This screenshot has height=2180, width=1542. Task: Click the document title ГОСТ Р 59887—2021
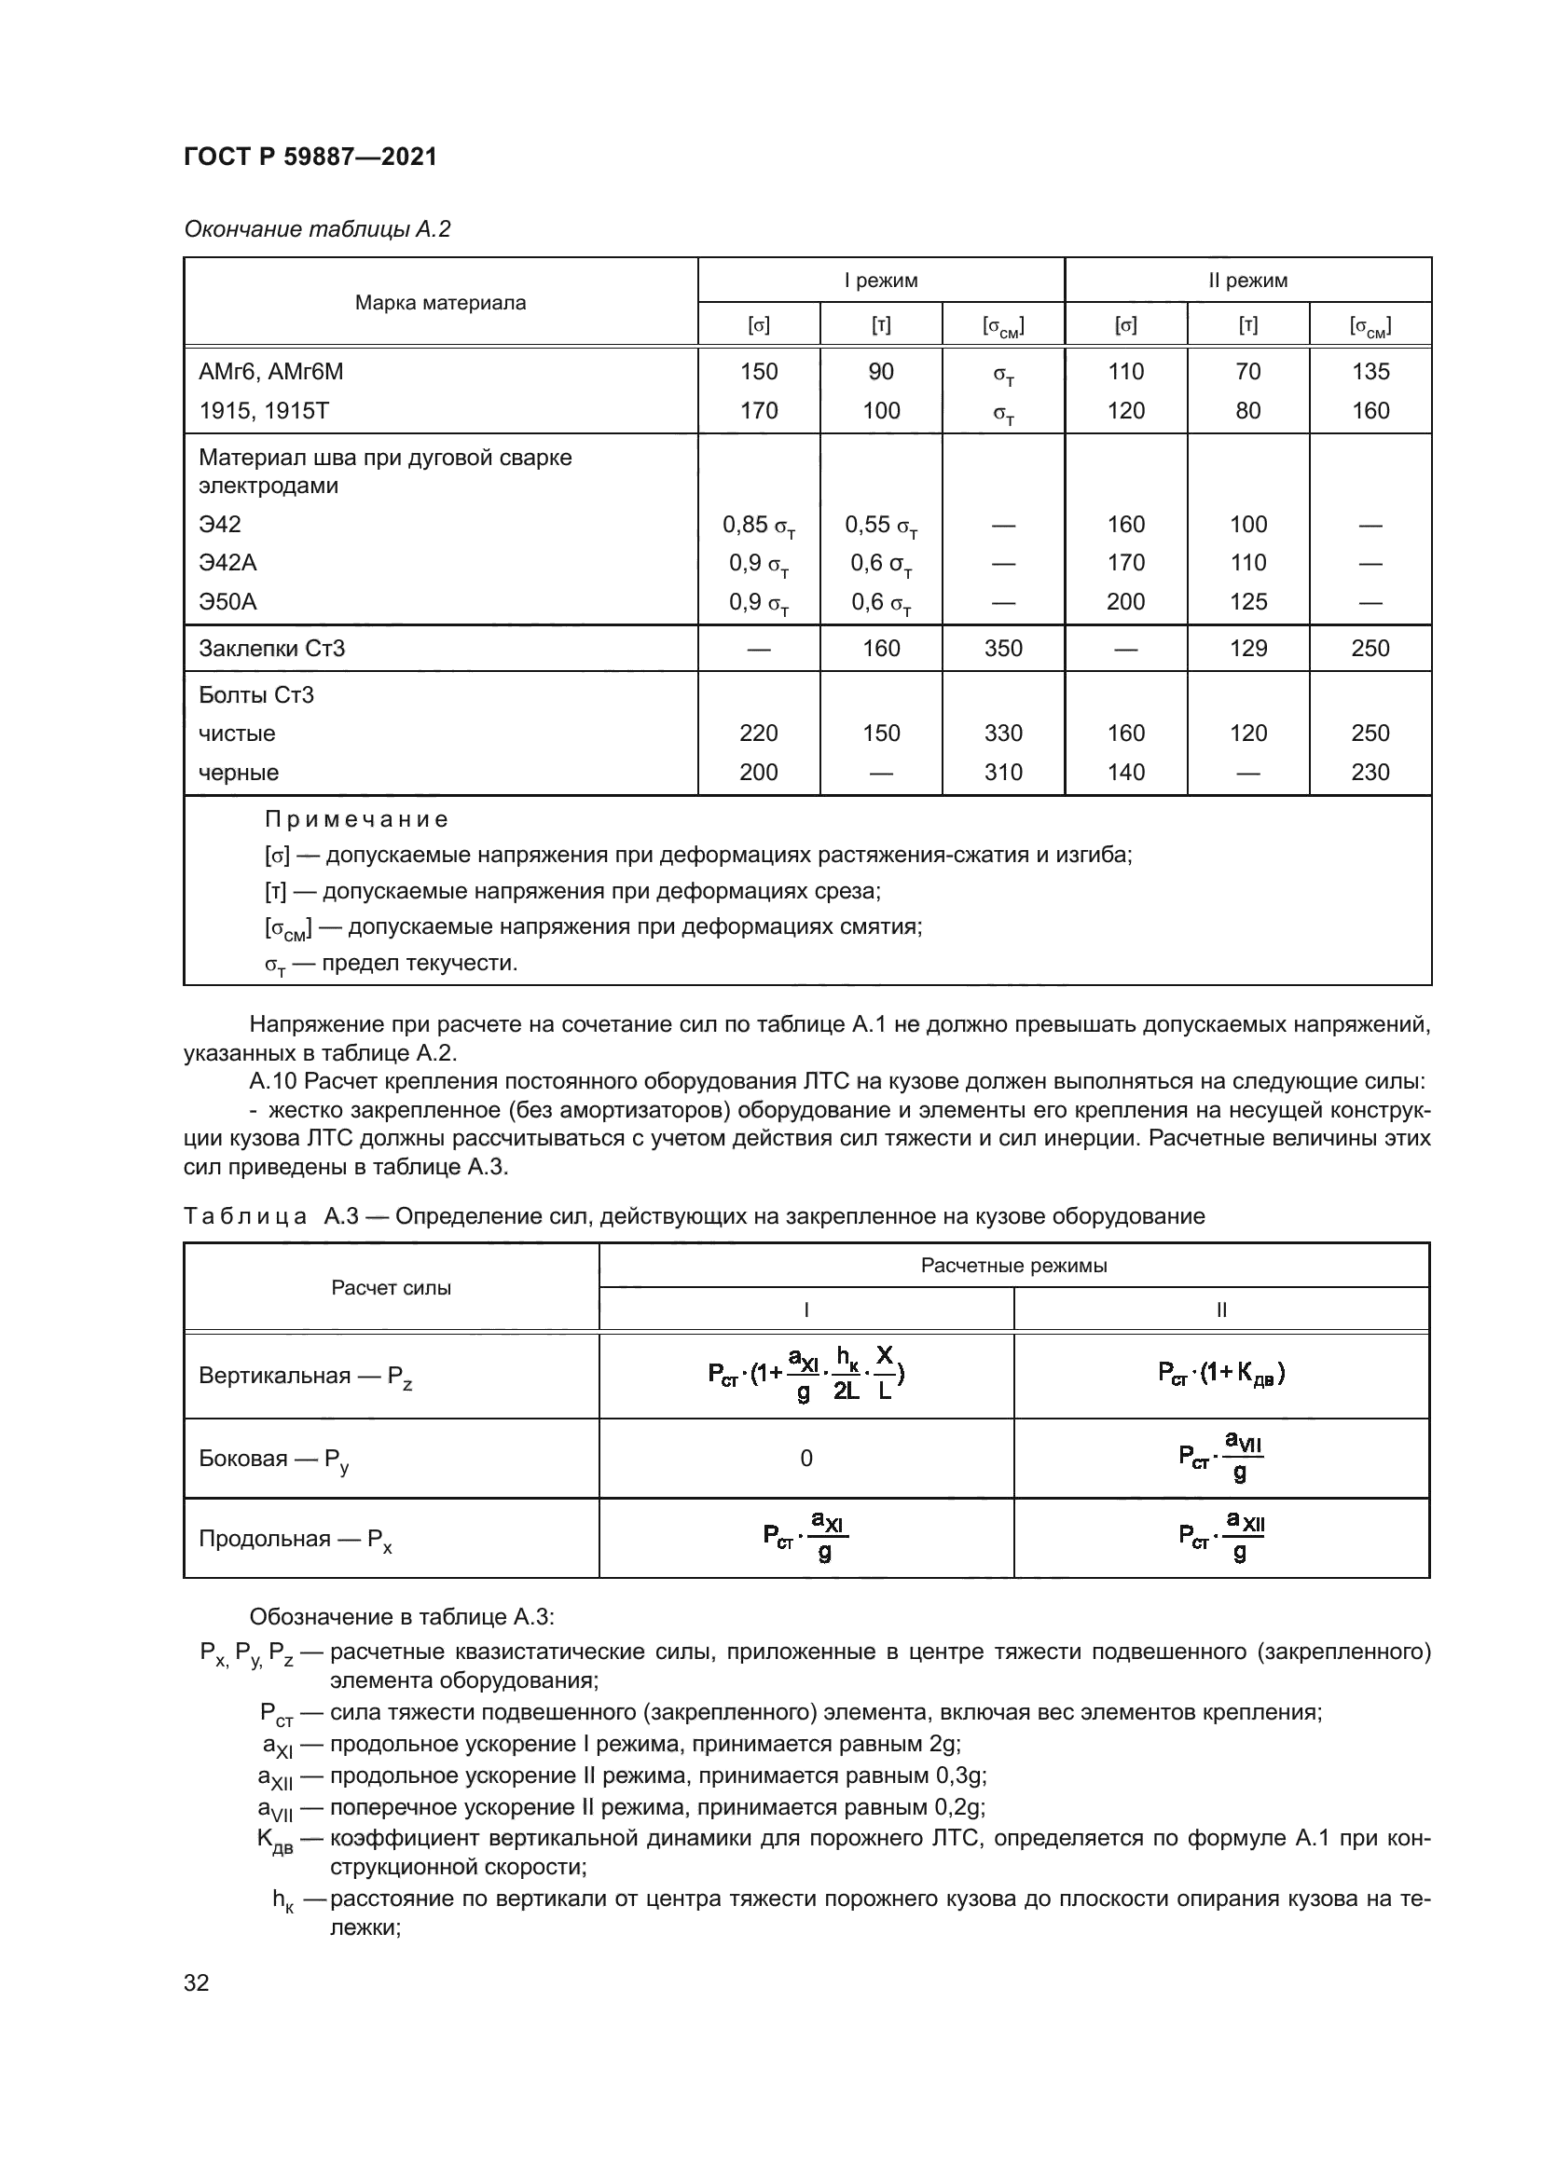point(310,157)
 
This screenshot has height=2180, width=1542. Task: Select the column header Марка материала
point(441,303)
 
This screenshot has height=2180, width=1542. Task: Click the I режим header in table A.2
point(881,281)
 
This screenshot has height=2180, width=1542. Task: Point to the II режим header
point(1247,281)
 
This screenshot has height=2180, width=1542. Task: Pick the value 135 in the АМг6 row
point(1370,371)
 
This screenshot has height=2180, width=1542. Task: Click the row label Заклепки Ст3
point(271,649)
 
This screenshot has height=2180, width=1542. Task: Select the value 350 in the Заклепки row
point(1003,649)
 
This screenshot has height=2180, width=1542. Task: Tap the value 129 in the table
point(1247,649)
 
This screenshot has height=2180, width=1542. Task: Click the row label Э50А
point(227,602)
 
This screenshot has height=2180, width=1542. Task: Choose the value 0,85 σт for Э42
point(759,526)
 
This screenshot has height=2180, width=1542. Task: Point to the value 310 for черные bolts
point(1003,772)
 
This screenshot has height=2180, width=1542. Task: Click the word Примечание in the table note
point(355,818)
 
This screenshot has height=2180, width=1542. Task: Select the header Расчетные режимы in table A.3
point(1013,1266)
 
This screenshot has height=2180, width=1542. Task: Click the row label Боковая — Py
point(274,1460)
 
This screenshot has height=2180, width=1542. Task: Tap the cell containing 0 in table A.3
point(806,1459)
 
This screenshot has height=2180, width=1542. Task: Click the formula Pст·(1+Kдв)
point(1221,1373)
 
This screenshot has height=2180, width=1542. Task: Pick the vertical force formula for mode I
point(806,1374)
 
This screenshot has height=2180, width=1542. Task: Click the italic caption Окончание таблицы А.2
point(317,229)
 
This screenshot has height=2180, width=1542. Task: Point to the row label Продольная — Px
point(296,1539)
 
